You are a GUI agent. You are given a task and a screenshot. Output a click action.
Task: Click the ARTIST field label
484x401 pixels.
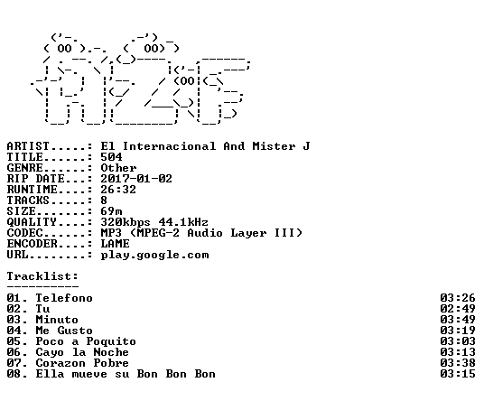coord(28,146)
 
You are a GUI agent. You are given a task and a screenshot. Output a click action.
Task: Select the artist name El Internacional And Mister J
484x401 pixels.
coord(205,146)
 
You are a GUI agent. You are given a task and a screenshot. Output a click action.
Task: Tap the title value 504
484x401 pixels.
coord(111,157)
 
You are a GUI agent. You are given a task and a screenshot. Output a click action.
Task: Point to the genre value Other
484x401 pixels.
coord(118,168)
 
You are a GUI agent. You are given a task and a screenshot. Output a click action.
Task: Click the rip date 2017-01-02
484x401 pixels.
coord(136,179)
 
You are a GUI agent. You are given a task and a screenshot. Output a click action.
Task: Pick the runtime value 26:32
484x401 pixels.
coord(118,190)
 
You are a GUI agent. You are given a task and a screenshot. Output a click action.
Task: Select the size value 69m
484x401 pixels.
coord(111,211)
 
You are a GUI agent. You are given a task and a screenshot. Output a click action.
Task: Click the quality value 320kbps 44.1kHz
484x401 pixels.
coord(154,222)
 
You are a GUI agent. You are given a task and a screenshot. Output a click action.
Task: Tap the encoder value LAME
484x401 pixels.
coord(116,244)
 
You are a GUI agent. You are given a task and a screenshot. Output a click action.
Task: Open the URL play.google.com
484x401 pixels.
coord(155,255)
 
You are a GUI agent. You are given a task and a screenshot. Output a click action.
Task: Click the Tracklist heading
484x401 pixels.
coord(42,276)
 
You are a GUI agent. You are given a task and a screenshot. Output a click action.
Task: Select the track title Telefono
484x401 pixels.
coord(64,298)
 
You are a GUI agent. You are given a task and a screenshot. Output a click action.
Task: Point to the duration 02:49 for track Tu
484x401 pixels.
coord(458,309)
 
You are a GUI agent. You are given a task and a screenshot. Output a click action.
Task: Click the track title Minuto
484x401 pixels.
coord(57,320)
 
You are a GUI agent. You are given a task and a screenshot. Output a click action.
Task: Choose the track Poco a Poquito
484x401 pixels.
coord(86,341)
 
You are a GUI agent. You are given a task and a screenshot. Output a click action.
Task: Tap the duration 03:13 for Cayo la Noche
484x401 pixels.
coord(458,352)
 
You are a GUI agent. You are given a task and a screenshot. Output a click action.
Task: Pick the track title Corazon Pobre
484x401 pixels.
coord(82,363)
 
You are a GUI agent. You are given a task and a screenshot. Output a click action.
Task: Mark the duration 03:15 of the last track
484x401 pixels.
coord(458,374)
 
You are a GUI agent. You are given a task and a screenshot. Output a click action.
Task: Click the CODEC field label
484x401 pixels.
coord(24,233)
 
